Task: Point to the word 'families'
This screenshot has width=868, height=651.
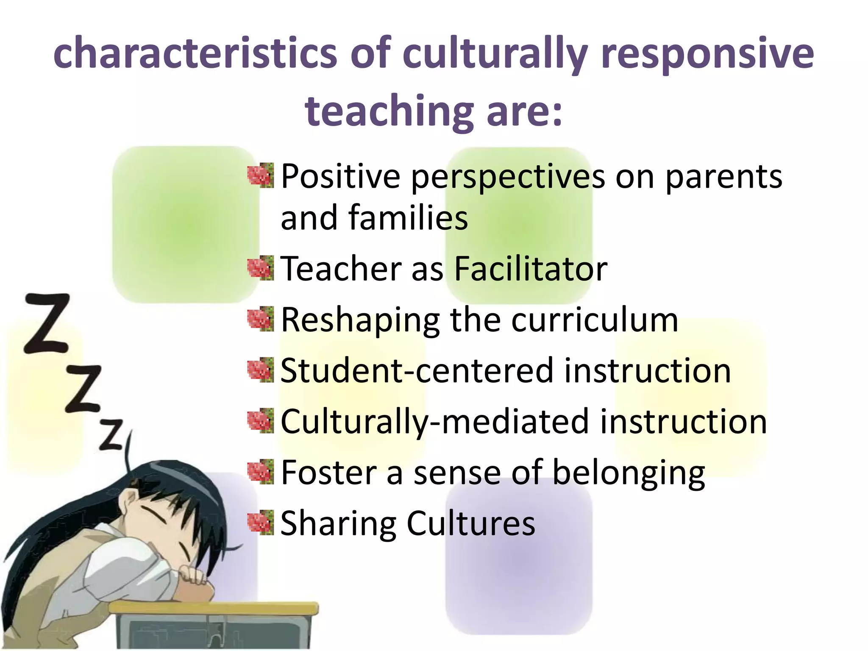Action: (408, 217)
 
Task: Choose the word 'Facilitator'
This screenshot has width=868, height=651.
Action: (531, 269)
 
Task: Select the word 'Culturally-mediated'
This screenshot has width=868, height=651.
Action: (435, 422)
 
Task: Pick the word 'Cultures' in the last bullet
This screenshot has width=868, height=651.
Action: (471, 524)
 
